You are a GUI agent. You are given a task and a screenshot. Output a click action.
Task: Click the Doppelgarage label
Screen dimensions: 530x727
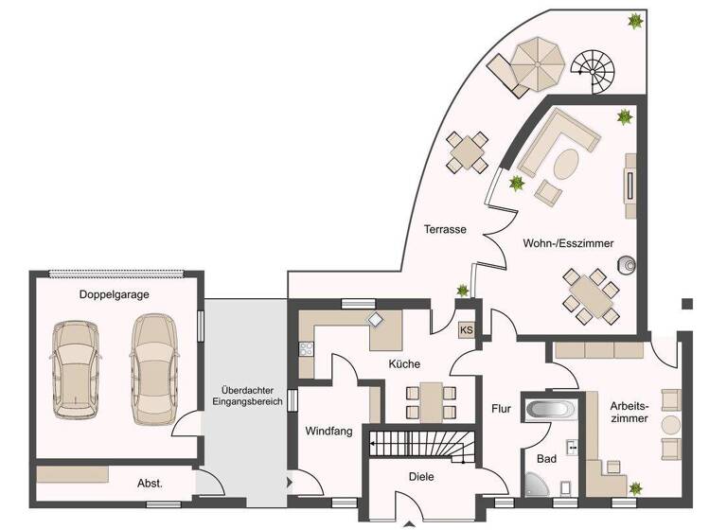[114, 294]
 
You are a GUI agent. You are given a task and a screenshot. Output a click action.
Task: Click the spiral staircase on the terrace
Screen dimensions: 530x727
[594, 72]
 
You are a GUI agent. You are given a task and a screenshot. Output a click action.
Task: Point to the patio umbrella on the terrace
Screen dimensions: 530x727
[536, 63]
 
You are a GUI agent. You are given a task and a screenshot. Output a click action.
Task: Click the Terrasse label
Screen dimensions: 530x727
[445, 229]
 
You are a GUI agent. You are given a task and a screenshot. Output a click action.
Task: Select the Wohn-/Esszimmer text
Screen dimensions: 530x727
[567, 243]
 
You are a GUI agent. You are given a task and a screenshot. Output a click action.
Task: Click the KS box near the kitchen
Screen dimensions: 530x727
[466, 330]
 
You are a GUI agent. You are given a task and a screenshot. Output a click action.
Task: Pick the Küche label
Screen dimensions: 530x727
[403, 363]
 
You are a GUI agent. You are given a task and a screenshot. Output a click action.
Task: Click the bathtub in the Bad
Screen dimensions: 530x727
[550, 411]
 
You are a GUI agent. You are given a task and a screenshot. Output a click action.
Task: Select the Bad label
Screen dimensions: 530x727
[546, 458]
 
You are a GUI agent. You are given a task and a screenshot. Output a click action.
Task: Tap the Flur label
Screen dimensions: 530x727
[501, 409]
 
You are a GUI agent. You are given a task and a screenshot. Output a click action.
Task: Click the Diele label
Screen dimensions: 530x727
[420, 478]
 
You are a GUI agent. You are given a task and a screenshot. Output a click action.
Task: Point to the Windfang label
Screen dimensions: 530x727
[328, 431]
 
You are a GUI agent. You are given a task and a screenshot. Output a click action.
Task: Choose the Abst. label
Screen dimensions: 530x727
[150, 483]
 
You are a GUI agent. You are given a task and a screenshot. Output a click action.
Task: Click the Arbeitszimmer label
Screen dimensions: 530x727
[629, 410]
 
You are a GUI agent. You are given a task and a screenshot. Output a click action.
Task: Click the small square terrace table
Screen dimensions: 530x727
[469, 150]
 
